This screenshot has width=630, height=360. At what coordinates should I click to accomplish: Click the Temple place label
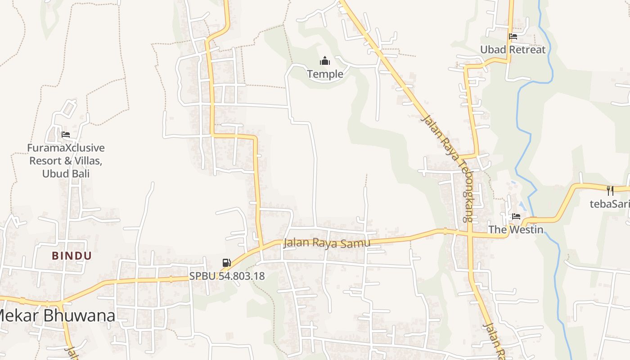click(325, 74)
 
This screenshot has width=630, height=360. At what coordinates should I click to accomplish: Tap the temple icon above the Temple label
click(325, 61)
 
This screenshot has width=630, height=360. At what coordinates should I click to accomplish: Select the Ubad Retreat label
click(513, 49)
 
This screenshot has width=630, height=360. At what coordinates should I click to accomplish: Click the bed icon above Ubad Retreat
click(513, 36)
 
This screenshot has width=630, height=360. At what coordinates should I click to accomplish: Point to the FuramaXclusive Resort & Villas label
click(66, 161)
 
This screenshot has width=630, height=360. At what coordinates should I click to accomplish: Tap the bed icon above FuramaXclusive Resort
click(66, 134)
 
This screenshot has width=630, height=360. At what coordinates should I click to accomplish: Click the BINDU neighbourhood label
click(72, 256)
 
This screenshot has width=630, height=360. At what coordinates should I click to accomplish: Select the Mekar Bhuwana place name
click(56, 316)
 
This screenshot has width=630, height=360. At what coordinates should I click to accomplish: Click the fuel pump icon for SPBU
click(227, 263)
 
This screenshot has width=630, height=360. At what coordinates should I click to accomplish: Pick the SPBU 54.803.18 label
click(227, 276)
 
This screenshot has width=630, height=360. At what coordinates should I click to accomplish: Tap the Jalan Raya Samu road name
click(327, 243)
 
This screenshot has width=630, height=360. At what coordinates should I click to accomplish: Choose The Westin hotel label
click(516, 229)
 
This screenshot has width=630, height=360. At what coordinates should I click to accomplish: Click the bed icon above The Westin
click(516, 216)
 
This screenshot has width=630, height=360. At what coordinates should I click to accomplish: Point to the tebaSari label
click(610, 204)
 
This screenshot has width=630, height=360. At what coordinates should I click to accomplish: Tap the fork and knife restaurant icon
click(610, 191)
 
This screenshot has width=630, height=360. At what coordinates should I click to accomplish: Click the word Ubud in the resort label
click(54, 174)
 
